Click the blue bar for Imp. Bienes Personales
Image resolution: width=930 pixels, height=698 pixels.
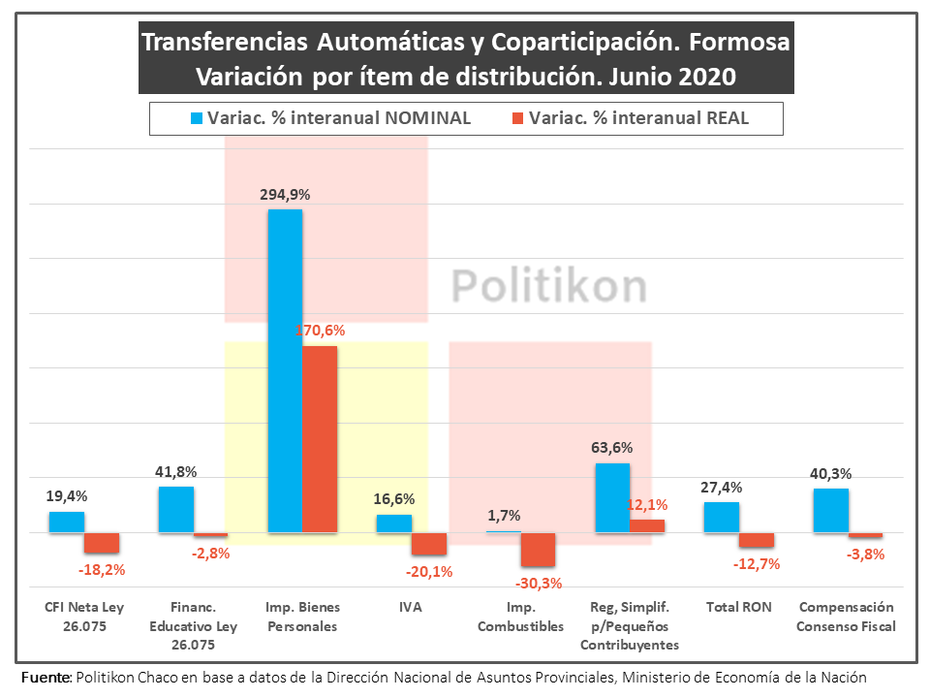coord(285,371)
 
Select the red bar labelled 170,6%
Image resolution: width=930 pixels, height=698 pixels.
coord(320,439)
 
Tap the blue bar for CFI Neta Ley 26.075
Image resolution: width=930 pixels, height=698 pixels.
coord(67,522)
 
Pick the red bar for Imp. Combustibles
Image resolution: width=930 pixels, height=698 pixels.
coord(538,550)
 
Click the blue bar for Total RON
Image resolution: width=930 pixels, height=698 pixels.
coord(722,517)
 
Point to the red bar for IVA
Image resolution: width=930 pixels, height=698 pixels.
coord(429,544)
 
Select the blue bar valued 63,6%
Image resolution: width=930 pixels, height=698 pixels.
coord(612,498)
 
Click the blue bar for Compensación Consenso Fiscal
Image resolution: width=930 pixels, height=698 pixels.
coord(831,510)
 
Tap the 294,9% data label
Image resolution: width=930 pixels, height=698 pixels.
coord(285,194)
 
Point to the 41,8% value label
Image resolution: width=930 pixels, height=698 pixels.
coord(175,472)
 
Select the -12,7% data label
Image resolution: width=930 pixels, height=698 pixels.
coord(759,564)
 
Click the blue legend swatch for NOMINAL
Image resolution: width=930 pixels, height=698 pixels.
coord(196,118)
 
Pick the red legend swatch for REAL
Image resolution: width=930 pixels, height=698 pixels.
coord(516,118)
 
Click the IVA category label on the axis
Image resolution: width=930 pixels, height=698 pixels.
coord(410,608)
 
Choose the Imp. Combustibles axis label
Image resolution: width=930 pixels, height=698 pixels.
coord(520,617)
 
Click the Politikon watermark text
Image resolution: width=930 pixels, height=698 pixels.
coord(549,286)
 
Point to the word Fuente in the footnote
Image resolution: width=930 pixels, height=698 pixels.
coord(45,677)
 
